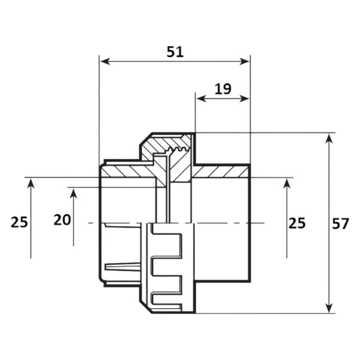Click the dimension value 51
point(175,52)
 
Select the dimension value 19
point(223,89)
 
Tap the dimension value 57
point(340,223)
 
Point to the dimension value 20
point(62,220)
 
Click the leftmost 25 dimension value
point(19,222)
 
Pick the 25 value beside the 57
point(297,223)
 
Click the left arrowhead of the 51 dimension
point(105,62)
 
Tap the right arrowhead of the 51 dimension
point(244,62)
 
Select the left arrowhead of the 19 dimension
point(201,99)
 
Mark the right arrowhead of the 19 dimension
point(244,99)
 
